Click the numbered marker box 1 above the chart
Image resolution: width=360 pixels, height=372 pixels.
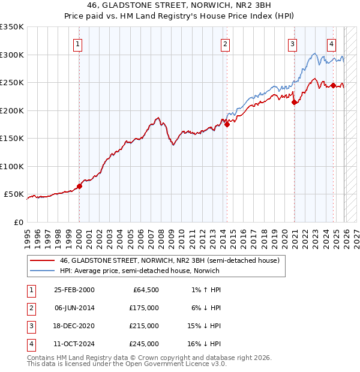click(79, 43)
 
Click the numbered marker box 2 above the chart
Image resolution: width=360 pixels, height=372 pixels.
click(225, 43)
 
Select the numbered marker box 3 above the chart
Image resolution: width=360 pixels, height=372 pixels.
click(292, 43)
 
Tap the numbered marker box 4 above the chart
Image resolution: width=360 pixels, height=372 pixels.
click(331, 43)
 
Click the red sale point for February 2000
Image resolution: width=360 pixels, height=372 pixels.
click(79, 186)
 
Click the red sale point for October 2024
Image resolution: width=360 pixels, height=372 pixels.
click(333, 86)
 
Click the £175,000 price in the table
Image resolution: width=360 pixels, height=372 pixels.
click(145, 308)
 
